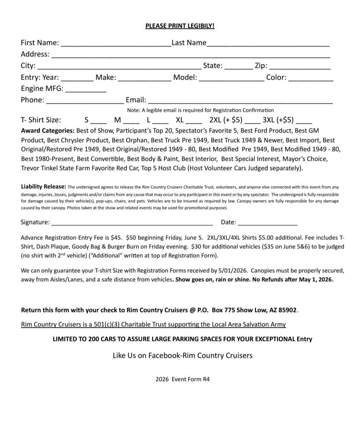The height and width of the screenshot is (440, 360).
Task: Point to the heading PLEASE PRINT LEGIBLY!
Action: (180, 26)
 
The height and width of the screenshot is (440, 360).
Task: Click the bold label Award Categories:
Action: (48, 131)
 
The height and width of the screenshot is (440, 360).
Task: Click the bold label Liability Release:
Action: (44, 187)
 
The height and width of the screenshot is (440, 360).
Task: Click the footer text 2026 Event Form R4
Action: (182, 379)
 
